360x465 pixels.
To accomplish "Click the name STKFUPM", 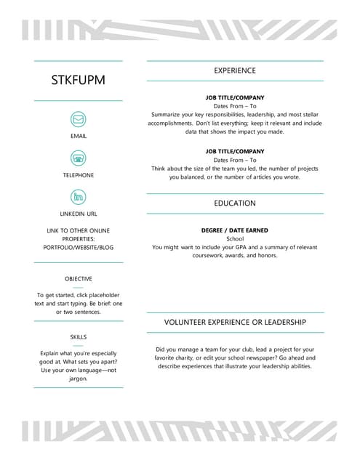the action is coord(78,80).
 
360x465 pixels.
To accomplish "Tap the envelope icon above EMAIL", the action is coord(78,118).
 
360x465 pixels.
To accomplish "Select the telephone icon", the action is coord(78,158).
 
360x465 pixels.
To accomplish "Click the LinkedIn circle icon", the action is coord(78,196).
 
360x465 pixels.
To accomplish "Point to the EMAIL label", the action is coord(78,136).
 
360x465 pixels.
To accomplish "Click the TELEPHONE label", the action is coord(78,175).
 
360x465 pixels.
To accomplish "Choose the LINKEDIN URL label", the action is coord(78,214).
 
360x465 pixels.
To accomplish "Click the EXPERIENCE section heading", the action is coord(234,70).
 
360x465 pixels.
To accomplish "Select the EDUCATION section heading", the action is coord(234,203).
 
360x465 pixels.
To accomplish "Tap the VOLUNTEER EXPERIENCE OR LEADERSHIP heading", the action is coord(234,322).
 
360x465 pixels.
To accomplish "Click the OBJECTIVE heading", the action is coord(78,278).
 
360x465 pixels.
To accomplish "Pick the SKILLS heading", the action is coord(78,337).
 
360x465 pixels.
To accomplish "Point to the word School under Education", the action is coord(235,238).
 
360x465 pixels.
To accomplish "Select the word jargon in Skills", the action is coord(78,379).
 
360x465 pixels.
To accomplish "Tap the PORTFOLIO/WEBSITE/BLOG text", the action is coord(78,248).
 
